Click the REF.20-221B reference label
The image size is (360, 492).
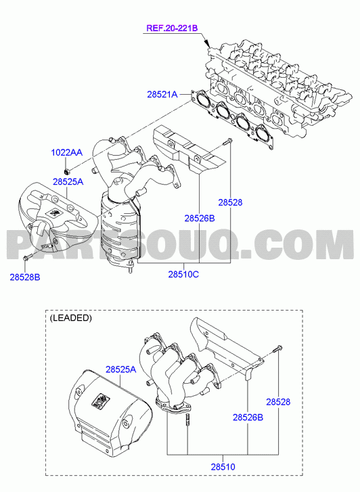click(172, 28)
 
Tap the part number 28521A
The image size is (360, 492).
click(162, 94)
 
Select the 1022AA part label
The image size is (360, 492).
click(67, 152)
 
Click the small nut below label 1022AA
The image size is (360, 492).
click(66, 171)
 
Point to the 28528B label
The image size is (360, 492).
click(25, 277)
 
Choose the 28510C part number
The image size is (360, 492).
click(183, 274)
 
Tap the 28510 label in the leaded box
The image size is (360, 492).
click(223, 467)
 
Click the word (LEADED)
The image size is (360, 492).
click(70, 318)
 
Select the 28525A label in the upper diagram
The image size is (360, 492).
click(68, 181)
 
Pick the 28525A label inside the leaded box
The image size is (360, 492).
click(121, 370)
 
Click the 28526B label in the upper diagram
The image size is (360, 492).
click(200, 218)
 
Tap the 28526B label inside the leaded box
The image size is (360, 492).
click(248, 418)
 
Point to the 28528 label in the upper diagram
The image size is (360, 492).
click(230, 202)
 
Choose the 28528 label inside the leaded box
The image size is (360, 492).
click(278, 401)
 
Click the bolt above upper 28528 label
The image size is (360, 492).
click(227, 141)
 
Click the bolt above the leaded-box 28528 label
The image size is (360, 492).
click(277, 349)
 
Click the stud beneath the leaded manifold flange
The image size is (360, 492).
click(187, 420)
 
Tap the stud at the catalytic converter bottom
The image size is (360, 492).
click(130, 267)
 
